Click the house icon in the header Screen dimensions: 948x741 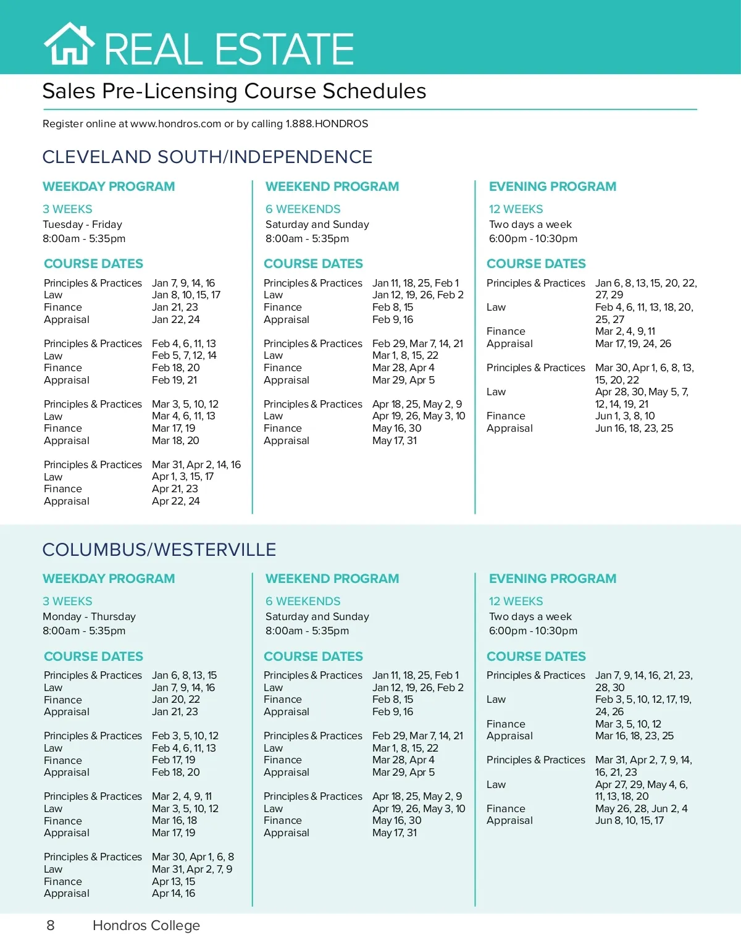[69, 44]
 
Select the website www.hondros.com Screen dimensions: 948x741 [175, 124]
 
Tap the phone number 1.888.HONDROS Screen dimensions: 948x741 [327, 124]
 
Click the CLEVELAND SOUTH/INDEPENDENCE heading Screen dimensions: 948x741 [207, 157]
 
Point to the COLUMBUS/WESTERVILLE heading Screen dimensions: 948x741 [159, 550]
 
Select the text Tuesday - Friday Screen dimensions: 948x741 [82, 224]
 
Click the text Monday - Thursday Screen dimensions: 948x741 [89, 616]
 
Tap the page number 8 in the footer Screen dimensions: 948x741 [51, 925]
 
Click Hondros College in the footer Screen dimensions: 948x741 [146, 925]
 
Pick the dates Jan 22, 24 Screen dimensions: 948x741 [176, 319]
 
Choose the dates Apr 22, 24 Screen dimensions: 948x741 [176, 501]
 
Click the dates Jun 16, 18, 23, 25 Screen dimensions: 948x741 [634, 428]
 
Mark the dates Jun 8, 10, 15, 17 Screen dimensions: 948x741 [629, 820]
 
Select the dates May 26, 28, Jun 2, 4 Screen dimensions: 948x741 [641, 808]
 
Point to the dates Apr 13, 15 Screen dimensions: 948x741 [174, 881]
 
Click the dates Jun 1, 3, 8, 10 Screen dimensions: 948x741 [625, 416]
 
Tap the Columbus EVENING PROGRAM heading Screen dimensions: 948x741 [552, 579]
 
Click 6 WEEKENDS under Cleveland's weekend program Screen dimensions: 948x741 [303, 209]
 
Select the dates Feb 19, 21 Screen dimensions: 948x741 [175, 380]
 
